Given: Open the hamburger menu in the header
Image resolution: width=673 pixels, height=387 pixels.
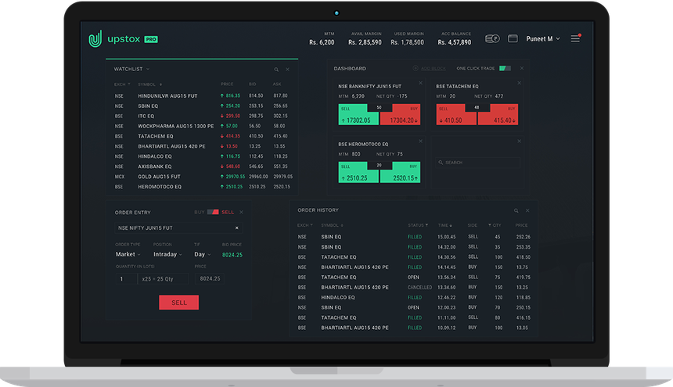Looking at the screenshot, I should (x=575, y=38).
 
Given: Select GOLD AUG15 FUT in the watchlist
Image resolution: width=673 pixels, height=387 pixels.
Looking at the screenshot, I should (x=160, y=177).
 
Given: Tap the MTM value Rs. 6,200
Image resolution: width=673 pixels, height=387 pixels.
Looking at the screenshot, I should (x=322, y=42).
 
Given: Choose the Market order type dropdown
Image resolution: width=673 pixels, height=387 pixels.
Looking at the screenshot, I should (x=128, y=254).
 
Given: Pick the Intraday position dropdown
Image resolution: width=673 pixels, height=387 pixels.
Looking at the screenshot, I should (x=167, y=254).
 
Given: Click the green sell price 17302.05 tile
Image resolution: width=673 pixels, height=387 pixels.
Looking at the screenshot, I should (x=358, y=120).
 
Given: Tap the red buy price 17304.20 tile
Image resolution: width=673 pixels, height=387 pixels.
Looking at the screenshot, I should (x=400, y=120).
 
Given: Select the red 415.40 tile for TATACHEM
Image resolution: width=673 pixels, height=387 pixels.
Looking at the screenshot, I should (x=497, y=120).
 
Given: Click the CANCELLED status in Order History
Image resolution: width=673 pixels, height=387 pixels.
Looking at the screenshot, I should (x=419, y=287).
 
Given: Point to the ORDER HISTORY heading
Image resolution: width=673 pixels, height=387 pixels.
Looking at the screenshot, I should (x=318, y=210).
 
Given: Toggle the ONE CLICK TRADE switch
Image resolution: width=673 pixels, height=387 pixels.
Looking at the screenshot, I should (x=505, y=69).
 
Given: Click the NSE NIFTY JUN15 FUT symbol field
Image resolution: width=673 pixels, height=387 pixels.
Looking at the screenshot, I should (x=178, y=228).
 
